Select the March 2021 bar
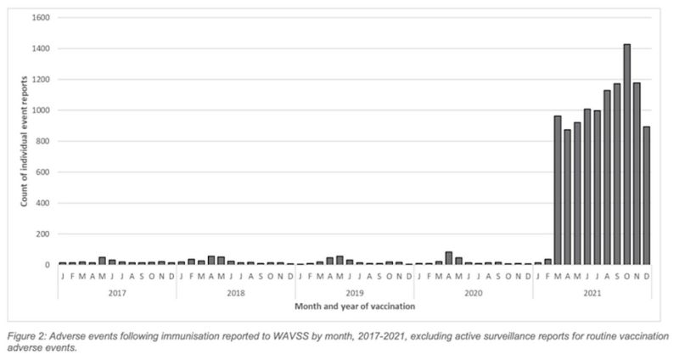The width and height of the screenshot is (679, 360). tap(558, 190)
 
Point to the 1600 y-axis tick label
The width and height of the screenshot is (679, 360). tap(39, 18)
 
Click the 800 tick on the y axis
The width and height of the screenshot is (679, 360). tap(42, 141)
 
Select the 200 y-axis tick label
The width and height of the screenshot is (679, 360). tap(42, 233)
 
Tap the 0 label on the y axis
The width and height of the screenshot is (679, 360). tap(47, 265)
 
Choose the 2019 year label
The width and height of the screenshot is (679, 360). tap(354, 290)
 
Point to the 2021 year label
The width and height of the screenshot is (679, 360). tap(592, 290)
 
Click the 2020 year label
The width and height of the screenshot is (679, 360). tap(473, 290)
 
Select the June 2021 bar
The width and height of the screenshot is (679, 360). tap(587, 187)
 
